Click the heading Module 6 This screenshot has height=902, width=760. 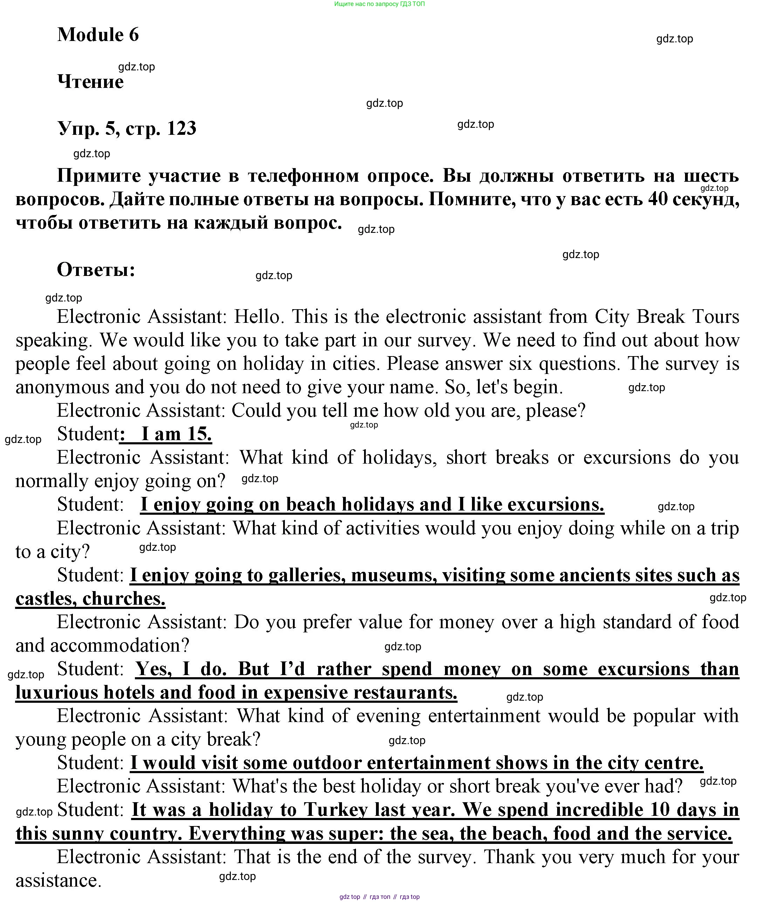pyautogui.click(x=98, y=34)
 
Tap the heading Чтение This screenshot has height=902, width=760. pyautogui.click(x=90, y=81)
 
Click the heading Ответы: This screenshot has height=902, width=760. pyautogui.click(x=96, y=270)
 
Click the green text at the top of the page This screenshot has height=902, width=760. pyautogui.click(x=379, y=4)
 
